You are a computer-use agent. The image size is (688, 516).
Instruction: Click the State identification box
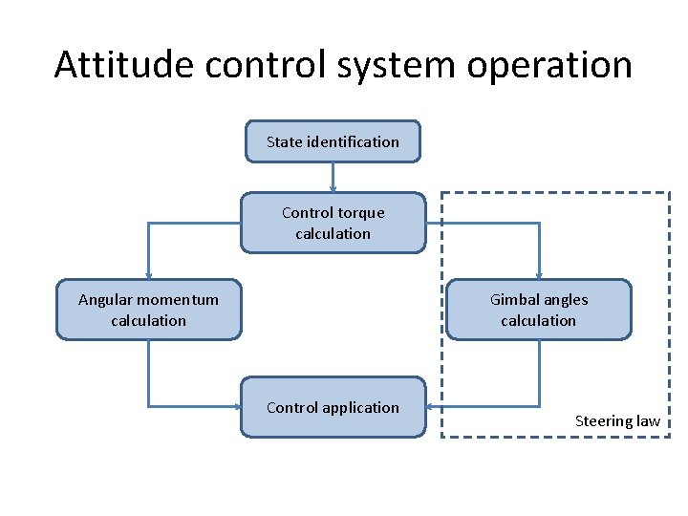coord(333,141)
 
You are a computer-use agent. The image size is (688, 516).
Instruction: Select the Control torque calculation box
coord(333,224)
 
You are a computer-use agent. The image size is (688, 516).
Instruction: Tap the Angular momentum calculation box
coord(148,310)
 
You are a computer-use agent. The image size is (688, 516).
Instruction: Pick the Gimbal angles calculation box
coord(539,310)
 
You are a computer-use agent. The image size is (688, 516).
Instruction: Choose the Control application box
coord(333,407)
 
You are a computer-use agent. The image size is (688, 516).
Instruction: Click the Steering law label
coord(617,421)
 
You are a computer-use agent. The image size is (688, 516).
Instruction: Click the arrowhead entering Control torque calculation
coord(333,189)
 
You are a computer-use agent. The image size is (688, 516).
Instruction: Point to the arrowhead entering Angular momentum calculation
coord(148,275)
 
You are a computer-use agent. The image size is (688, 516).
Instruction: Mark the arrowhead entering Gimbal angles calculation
coord(539,275)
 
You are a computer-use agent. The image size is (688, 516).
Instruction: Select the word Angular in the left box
coord(107,299)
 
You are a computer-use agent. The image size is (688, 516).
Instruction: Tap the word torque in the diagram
coord(361,213)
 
